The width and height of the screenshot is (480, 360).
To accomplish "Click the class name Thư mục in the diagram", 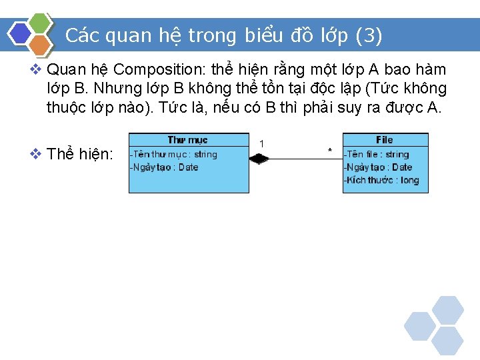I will point(187,140).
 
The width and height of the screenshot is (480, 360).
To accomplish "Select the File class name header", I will point(385,140).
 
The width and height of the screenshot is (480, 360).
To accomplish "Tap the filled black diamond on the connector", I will point(259,159).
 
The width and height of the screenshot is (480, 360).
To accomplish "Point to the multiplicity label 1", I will point(262,144).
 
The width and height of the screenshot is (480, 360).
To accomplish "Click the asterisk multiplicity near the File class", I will point(330,151).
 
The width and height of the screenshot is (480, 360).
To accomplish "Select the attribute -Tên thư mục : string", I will point(173,154).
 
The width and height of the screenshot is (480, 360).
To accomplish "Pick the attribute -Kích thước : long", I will point(381,181).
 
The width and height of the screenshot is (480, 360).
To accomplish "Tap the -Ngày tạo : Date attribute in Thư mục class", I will point(164,167).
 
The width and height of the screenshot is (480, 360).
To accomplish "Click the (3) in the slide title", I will point(369,35).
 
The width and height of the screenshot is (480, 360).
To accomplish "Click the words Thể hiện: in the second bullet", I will point(81,154).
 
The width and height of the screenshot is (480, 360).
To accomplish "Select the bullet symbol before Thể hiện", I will point(36,154).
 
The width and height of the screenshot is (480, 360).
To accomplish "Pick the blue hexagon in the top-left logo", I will point(20,33).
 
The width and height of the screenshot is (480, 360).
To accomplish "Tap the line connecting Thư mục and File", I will point(303,159).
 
